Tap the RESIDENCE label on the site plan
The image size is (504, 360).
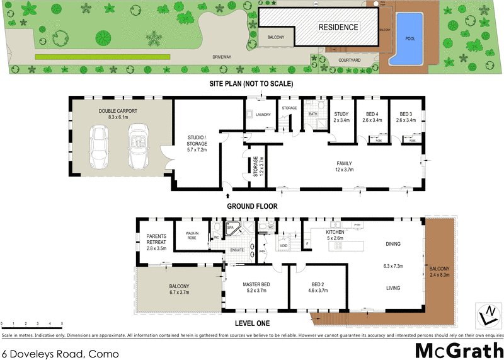pyautogui.click(x=338, y=27)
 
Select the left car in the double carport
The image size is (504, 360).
pyautogui.click(x=100, y=143)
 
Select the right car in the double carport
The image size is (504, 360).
pyautogui.click(x=138, y=143)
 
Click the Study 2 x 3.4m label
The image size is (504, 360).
pyautogui.click(x=341, y=117)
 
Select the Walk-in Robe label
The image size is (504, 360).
pyautogui.click(x=192, y=235)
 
